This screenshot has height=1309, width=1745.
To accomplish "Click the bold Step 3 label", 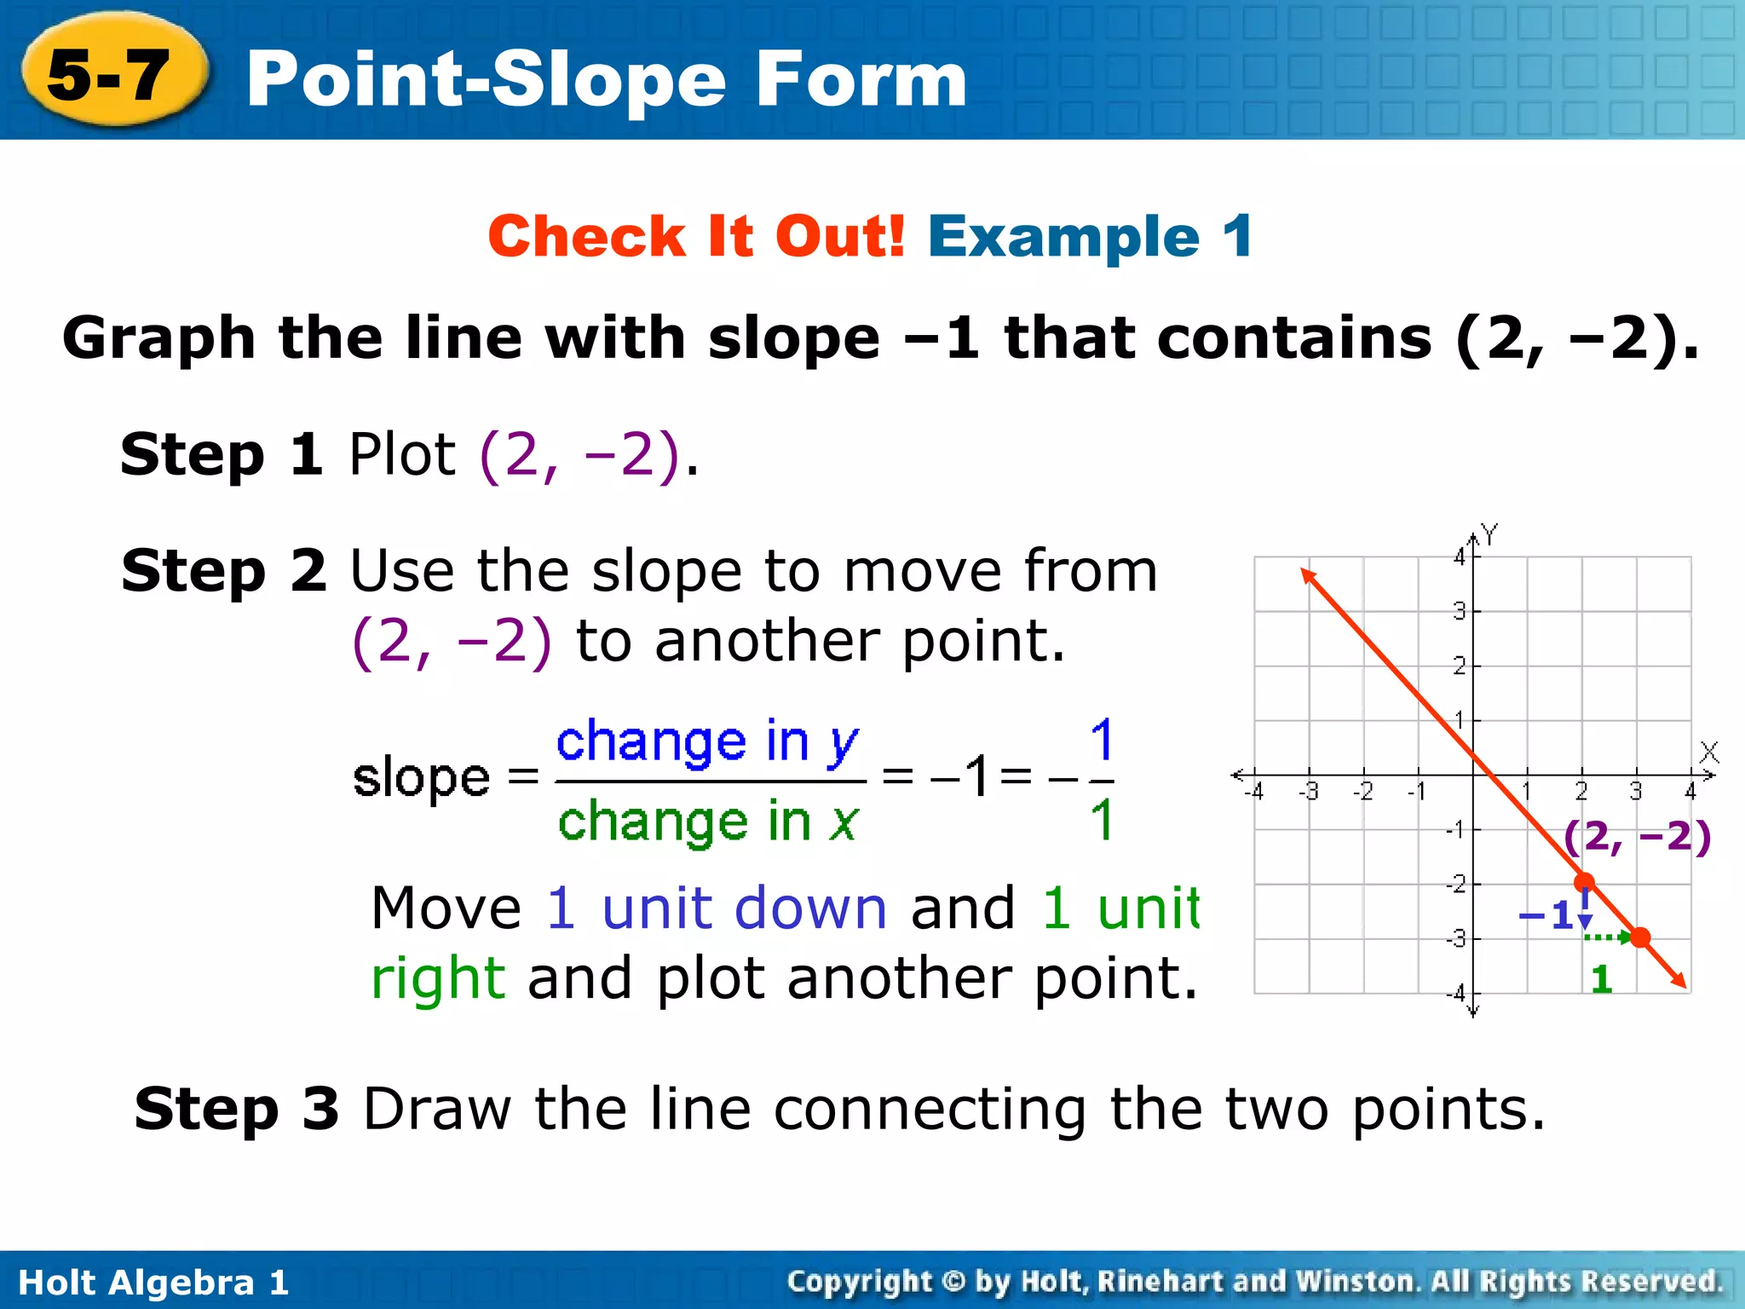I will [237, 1109].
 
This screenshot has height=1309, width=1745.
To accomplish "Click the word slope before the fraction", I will [421, 777].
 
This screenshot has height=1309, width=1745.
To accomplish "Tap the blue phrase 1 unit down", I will [716, 908].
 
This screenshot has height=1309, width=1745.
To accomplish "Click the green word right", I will [438, 977].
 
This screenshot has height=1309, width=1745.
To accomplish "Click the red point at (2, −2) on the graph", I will [1584, 882].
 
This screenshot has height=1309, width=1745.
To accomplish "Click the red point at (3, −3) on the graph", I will [1640, 937].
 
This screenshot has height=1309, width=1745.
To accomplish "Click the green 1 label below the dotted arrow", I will [1601, 979].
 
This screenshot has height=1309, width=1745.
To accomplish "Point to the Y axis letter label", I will [1489, 535].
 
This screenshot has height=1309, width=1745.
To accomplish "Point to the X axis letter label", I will [1708, 752].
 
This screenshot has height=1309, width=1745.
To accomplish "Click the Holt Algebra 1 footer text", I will [153, 1283].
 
